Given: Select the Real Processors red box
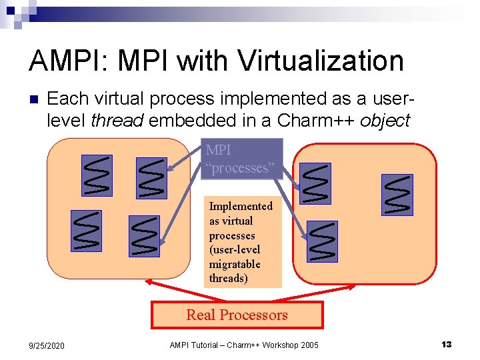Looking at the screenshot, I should [237, 315].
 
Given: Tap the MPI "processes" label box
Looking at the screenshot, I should [241, 159].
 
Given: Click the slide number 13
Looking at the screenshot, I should [446, 344].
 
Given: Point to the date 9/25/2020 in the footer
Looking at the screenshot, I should [46, 345].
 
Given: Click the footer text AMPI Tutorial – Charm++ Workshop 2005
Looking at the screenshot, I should [244, 345].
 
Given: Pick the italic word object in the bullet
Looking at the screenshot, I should [385, 121].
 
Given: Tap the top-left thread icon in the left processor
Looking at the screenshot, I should [97, 175].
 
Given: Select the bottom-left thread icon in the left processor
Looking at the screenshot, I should [87, 231].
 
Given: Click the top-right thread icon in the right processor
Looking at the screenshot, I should [397, 195].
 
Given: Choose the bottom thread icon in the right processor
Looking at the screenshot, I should [322, 241].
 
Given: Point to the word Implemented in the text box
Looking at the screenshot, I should [241, 207].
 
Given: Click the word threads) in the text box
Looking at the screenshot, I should [228, 278].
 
